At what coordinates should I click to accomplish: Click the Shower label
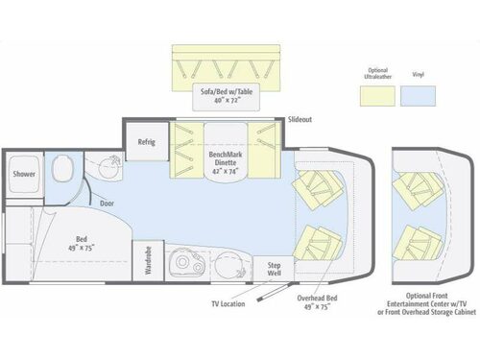pos(23,175)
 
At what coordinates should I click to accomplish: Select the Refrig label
pos(147,142)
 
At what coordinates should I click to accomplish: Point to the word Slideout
pos(299,120)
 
